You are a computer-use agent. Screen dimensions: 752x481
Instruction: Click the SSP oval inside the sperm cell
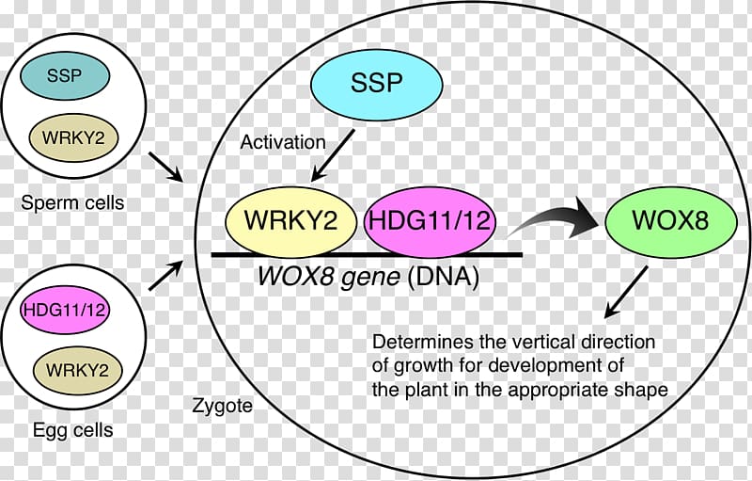tap(65, 76)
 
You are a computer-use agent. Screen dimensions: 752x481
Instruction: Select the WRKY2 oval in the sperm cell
tap(73, 138)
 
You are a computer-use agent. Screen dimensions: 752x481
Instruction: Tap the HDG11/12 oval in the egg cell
tap(64, 310)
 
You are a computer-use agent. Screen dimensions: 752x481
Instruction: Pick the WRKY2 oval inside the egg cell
tap(77, 371)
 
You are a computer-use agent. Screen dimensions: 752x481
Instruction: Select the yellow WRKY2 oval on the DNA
tap(291, 221)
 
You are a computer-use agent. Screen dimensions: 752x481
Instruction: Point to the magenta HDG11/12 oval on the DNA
tap(430, 221)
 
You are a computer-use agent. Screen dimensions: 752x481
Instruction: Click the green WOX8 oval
tap(670, 221)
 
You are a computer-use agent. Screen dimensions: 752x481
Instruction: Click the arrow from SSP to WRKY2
tap(333, 155)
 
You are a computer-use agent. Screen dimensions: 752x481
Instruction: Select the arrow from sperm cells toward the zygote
tap(166, 167)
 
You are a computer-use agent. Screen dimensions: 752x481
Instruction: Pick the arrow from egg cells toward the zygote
tap(166, 275)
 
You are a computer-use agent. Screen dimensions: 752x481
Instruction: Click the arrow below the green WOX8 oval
tap(626, 293)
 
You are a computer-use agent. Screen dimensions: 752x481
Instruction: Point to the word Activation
tap(283, 142)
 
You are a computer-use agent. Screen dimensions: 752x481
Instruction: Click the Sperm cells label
tap(72, 203)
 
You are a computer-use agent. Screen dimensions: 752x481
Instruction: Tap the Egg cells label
tap(73, 429)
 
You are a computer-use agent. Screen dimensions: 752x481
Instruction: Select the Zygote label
tap(222, 406)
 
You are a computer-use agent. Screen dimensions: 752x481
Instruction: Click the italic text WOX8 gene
tap(328, 277)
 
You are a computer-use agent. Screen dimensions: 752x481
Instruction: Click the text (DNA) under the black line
tap(443, 277)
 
